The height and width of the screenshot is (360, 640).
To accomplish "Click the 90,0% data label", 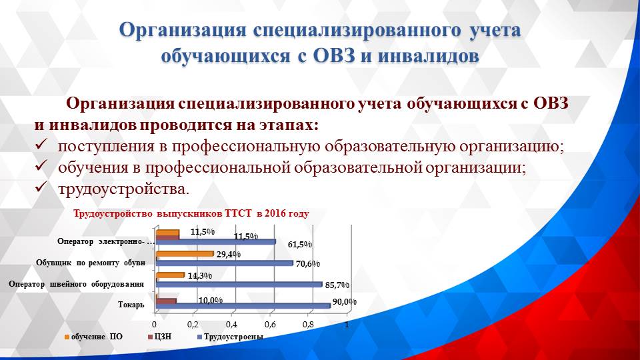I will [x=344, y=302].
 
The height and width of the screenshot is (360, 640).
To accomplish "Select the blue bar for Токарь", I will [x=243, y=306].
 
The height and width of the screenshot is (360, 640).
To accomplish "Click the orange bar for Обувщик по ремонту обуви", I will [x=185, y=254].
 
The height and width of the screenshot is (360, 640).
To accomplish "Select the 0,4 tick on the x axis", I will [x=232, y=324].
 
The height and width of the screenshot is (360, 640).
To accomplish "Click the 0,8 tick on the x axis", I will [x=309, y=324].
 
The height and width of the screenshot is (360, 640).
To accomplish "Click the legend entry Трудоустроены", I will [x=233, y=337].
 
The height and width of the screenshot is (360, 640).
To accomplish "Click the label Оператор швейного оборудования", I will [x=77, y=285].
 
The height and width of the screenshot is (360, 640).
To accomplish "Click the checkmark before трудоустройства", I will [x=41, y=189].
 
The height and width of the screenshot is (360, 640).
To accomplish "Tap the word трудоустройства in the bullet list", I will [x=123, y=189].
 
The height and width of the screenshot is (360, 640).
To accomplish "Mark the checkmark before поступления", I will [x=41, y=146].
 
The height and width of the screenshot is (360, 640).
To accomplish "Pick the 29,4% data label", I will [x=228, y=254].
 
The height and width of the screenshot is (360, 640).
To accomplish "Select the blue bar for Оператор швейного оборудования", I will [x=239, y=285].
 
